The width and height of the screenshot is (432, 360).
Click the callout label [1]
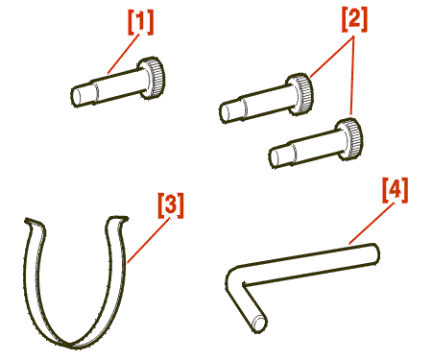pyautogui.click(x=141, y=22)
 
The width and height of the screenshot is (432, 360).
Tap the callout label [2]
pyautogui.click(x=354, y=19)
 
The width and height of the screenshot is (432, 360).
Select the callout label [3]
pyautogui.click(x=171, y=205)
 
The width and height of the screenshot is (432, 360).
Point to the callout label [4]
pyautogui.click(x=396, y=190)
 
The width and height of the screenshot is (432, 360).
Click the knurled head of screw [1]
pyautogui.click(x=152, y=77)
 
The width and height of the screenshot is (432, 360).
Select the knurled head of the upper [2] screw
pyautogui.click(x=300, y=94)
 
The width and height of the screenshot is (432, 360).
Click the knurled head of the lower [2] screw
pyautogui.click(x=349, y=139)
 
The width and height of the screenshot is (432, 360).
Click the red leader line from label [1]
pyautogui.click(x=124, y=54)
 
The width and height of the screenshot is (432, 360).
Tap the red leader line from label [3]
pyautogui.click(x=148, y=241)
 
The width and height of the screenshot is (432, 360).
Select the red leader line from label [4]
pyautogui.click(x=372, y=224)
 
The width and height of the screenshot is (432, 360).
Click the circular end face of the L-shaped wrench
pyautogui.click(x=259, y=324)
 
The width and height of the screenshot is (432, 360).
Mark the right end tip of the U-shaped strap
pyautogui.click(x=123, y=219)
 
